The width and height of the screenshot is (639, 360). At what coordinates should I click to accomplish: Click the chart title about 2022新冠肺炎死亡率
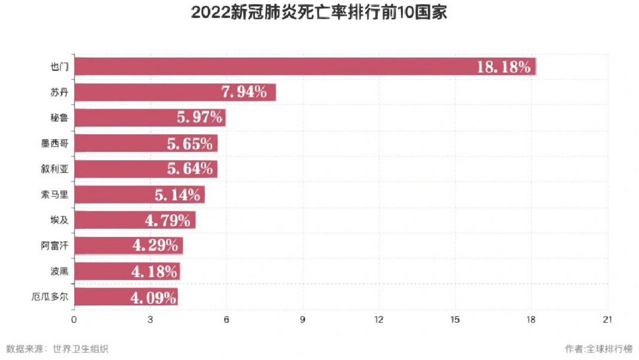tap(319, 12)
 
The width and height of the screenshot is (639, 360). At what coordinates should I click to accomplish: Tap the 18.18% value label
tap(504, 67)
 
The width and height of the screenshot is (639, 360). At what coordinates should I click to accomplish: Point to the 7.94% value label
tap(244, 92)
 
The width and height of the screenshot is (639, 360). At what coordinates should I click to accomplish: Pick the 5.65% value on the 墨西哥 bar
tap(189, 144)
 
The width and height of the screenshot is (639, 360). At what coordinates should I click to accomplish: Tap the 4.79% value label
tap(167, 220)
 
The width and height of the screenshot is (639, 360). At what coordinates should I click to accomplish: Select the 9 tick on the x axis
tap(303, 319)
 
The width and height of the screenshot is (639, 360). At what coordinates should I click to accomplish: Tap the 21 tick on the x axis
tap(608, 319)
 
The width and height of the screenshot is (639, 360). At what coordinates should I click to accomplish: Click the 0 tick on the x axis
tap(74, 319)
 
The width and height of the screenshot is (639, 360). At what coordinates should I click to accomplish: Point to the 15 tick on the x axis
tap(455, 319)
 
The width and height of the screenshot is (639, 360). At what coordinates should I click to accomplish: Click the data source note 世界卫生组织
tap(80, 349)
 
